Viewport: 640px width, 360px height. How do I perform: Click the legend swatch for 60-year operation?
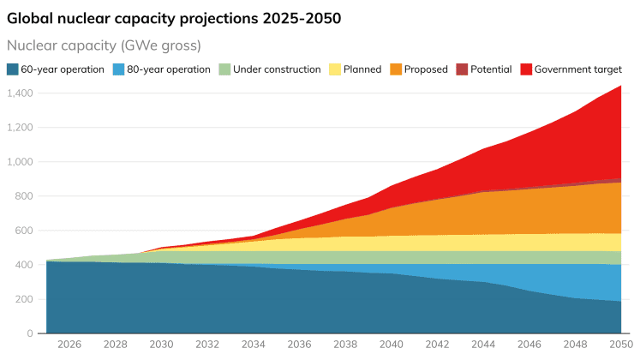13,69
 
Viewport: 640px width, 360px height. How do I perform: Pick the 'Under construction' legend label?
276,69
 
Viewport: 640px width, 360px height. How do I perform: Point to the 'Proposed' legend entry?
425,69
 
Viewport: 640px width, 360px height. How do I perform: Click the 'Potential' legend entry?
491,69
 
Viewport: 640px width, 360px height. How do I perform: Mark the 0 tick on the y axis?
30,333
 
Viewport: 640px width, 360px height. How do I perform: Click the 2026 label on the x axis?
69,345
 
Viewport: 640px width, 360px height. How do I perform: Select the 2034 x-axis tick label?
254,345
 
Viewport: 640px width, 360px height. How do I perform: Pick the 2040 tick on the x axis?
392,345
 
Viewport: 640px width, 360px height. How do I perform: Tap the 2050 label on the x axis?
620,345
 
